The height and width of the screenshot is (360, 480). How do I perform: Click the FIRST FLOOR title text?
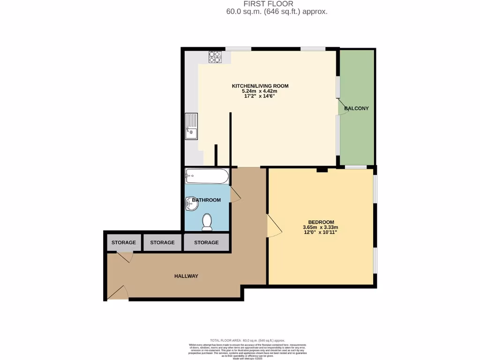pos(269,4)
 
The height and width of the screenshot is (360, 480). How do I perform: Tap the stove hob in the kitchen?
pos(215,57)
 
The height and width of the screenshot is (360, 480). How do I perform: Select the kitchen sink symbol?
pos(191,127)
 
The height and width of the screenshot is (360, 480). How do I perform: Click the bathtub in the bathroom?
pos(207,177)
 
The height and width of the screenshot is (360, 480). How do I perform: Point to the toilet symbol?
pos(207,222)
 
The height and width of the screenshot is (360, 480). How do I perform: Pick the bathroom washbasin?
pos(190,202)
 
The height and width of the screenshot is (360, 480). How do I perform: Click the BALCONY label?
pos(356,108)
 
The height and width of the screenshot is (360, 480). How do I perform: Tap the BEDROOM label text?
pos(321,222)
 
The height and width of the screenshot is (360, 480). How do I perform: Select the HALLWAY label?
pos(186,276)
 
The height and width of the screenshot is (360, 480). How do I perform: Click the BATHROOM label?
pos(206,200)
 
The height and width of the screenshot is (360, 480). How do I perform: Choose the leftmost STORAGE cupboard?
pos(124,243)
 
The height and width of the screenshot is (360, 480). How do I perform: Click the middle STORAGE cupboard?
pos(162,243)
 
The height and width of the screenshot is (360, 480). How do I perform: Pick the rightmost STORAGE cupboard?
pos(206,243)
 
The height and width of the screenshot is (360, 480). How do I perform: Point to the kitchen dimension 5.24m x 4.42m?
pos(260,91)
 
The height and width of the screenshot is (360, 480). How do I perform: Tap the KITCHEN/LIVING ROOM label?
pos(260,86)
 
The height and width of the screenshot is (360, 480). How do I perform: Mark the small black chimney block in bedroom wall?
pos(322,170)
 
